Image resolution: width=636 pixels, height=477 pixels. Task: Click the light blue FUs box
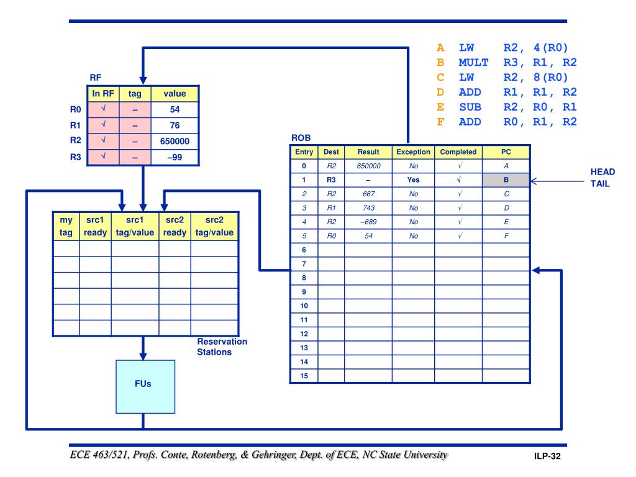coord(142,384)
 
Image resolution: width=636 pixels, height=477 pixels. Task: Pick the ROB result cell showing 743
coord(368,208)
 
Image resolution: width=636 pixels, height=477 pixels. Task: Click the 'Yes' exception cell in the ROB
coord(412,181)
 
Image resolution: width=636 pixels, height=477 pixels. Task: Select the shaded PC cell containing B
coord(506,181)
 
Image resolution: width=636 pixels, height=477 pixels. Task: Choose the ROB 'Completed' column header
coord(458,152)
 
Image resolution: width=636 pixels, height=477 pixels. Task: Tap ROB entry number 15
coord(304,375)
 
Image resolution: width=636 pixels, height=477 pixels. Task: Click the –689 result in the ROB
coord(368,222)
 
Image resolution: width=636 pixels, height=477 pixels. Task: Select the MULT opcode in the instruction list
coord(474,62)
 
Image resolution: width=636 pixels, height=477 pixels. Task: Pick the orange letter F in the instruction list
coord(441,122)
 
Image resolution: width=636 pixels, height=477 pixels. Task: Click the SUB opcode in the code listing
coord(470,107)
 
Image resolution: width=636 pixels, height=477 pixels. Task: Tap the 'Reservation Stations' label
coord(222,347)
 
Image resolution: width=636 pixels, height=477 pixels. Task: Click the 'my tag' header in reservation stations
coord(65,225)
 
